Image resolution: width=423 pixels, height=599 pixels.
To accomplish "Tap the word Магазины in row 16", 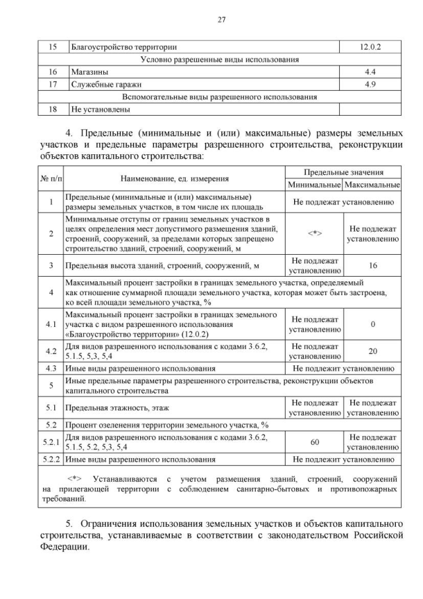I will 89,71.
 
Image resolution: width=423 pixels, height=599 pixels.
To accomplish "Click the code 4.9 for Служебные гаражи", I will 371,84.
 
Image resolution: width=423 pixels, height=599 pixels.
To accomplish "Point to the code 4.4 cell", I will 371,71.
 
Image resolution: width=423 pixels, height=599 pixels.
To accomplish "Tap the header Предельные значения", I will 343,171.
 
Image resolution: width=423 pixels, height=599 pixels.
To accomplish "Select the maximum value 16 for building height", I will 373,265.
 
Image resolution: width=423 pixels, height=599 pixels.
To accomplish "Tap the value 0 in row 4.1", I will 373,324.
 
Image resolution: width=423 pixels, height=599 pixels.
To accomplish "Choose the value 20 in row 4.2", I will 373,351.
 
